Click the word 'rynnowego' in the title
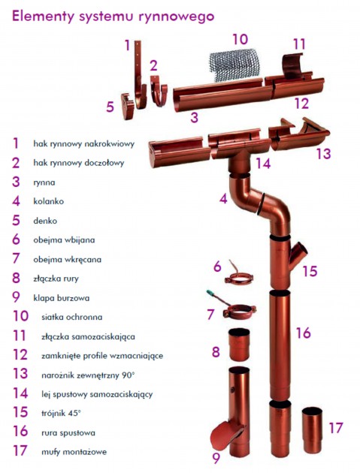(177, 17)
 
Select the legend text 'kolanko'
(49, 201)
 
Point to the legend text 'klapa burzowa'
(62, 298)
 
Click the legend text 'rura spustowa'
(68, 433)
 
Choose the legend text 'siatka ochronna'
(72, 317)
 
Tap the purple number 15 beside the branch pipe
(310, 271)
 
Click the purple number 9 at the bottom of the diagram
(216, 458)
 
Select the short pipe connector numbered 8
(239, 345)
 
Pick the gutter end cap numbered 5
(128, 106)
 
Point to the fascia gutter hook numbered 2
(159, 90)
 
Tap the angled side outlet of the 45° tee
(298, 252)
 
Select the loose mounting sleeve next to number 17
(312, 429)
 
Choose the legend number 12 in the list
(20, 354)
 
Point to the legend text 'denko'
(45, 221)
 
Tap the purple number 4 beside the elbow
(223, 198)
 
